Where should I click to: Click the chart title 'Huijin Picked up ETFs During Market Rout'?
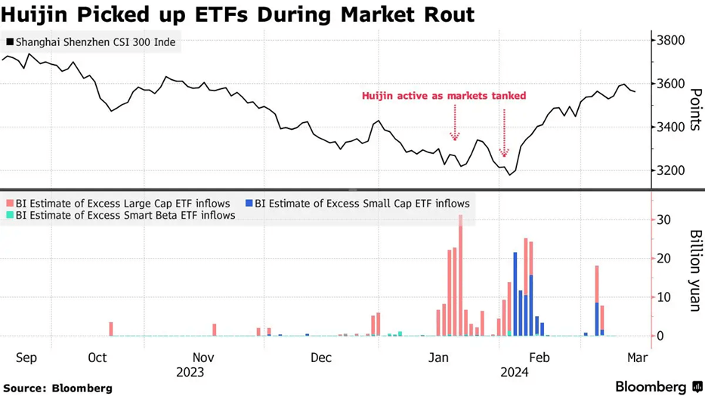237,14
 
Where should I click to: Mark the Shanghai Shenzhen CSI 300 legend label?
91,43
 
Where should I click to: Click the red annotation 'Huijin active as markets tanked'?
444,96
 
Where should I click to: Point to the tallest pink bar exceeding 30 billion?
460,275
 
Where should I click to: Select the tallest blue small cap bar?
515,294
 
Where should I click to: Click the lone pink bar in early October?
111,329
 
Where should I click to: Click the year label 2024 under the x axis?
514,372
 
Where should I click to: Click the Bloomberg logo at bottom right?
657,386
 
